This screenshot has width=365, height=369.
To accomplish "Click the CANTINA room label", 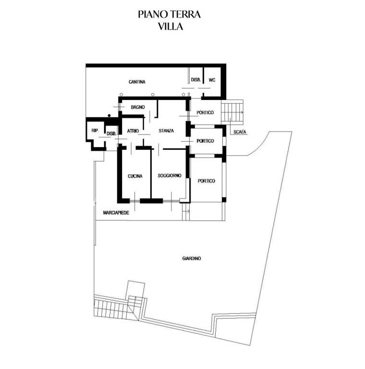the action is [137, 82].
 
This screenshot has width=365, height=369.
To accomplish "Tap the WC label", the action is [212, 80].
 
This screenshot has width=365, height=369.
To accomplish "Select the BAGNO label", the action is [138, 107].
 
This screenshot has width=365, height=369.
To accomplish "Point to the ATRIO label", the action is [133, 131].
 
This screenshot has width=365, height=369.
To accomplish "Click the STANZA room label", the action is [166, 131].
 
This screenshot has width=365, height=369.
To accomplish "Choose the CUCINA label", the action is [135, 176].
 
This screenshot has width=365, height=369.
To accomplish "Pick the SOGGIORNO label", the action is [170, 175].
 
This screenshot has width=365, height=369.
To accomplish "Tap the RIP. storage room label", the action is [95, 130].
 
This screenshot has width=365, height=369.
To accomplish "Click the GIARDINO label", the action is [192, 258].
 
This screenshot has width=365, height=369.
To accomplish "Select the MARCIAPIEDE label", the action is [116, 213].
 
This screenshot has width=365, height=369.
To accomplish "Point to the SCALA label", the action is [240, 132].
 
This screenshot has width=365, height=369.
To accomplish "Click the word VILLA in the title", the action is [170, 26].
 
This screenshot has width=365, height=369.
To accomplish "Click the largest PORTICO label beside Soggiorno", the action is [206, 181].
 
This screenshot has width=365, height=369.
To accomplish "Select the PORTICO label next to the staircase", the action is [205, 113].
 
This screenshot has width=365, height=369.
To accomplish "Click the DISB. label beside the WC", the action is [195, 80].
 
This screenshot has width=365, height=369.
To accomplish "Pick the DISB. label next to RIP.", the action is [111, 134].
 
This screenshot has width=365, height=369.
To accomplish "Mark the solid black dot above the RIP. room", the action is [109, 115].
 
